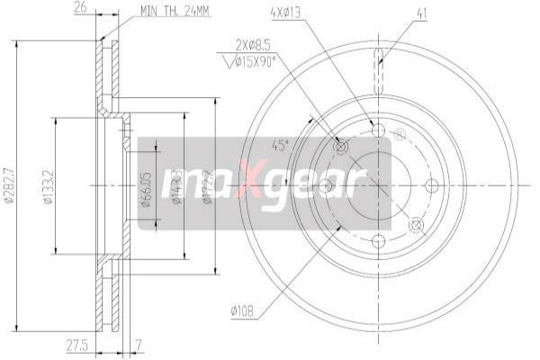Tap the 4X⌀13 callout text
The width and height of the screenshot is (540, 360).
[283, 13]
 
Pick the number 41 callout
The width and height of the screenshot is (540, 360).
[421, 13]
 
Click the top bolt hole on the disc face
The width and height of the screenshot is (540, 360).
[378, 130]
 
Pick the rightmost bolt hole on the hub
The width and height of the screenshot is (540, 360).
[431, 185]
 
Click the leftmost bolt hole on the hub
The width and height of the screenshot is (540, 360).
[325, 185]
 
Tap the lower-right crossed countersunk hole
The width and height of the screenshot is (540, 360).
[416, 224]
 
